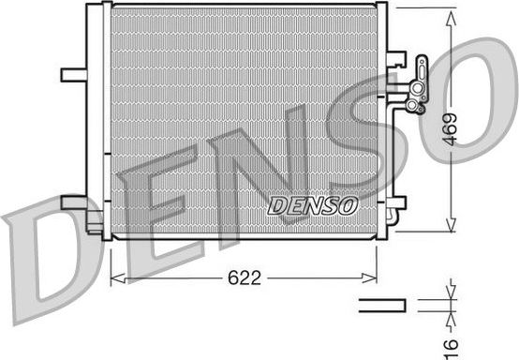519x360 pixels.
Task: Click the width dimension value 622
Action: click(244, 277)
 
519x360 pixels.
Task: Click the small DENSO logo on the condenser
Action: click(312, 204)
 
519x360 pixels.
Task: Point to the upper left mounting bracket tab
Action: click(72, 74)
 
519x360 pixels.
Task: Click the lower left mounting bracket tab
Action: click(73, 203)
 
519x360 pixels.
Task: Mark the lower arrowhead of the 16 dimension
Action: click(452, 313)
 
